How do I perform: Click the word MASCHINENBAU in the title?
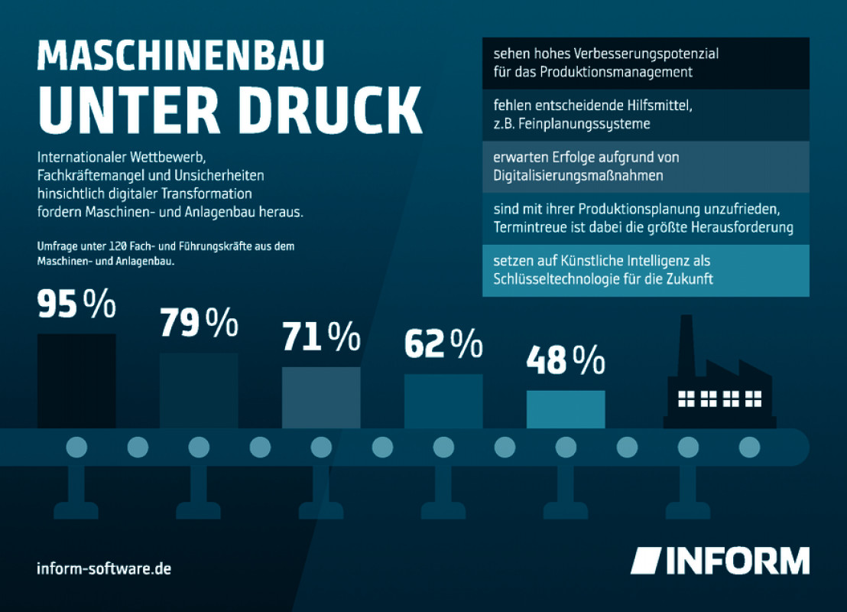point(180,58)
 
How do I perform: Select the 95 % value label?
point(76,305)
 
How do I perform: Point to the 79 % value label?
point(199,324)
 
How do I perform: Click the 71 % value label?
point(321,337)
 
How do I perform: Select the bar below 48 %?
point(566,409)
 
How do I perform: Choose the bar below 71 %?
point(321,397)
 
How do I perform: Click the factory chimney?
point(686,344)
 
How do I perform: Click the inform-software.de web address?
point(104,569)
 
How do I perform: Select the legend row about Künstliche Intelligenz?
point(645,270)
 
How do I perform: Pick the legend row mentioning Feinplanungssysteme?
point(645,116)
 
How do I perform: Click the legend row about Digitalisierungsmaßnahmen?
point(645,167)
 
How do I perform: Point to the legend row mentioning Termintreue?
point(645,218)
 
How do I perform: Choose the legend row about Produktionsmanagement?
point(645,63)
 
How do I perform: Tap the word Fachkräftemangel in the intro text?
point(84,176)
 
